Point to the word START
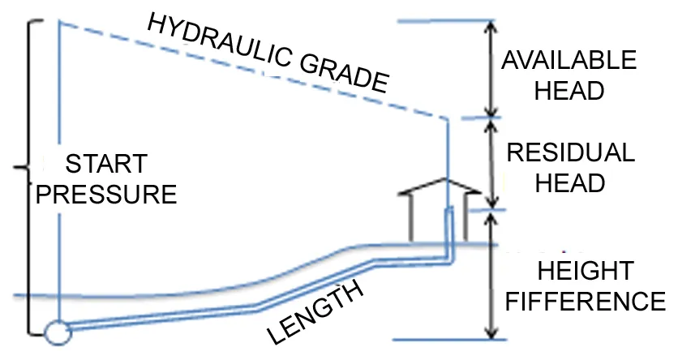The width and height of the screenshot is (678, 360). pos(106,164)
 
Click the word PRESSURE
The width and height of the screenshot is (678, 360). pos(108,195)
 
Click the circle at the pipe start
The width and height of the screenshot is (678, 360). pos(58,332)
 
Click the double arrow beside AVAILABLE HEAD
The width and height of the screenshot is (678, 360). pos(489,68)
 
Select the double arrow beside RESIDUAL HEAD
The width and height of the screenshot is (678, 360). pos(489,162)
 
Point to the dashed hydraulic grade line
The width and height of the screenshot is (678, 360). pos(243,69)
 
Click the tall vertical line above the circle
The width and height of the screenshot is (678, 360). pos(59,162)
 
